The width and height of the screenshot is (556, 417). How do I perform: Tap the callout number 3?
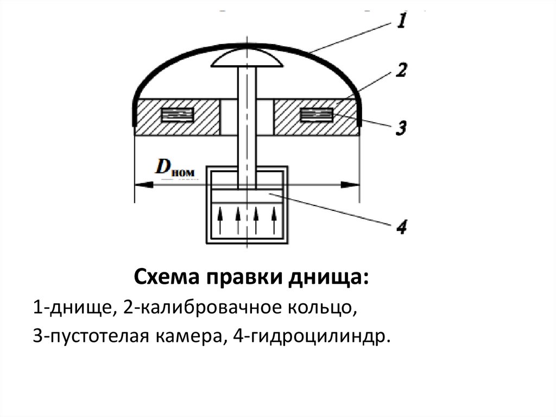[x=400, y=128]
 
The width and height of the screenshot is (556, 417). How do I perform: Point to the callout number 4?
[x=401, y=226]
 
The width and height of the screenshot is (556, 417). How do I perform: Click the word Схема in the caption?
[x=167, y=279]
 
